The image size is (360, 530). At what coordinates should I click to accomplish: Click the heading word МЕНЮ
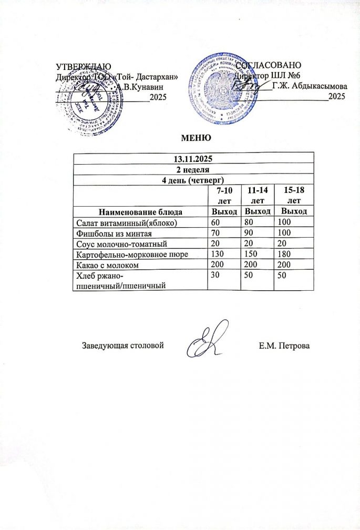tap(196, 138)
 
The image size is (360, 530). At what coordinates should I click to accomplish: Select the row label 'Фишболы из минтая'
tap(110, 233)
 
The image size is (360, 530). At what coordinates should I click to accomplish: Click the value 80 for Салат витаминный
tap(249, 222)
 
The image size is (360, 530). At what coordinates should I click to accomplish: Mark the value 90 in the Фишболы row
tap(249, 233)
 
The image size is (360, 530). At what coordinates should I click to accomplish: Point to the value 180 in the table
tap(284, 255)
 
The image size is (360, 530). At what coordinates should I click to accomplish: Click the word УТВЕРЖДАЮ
tap(83, 66)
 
